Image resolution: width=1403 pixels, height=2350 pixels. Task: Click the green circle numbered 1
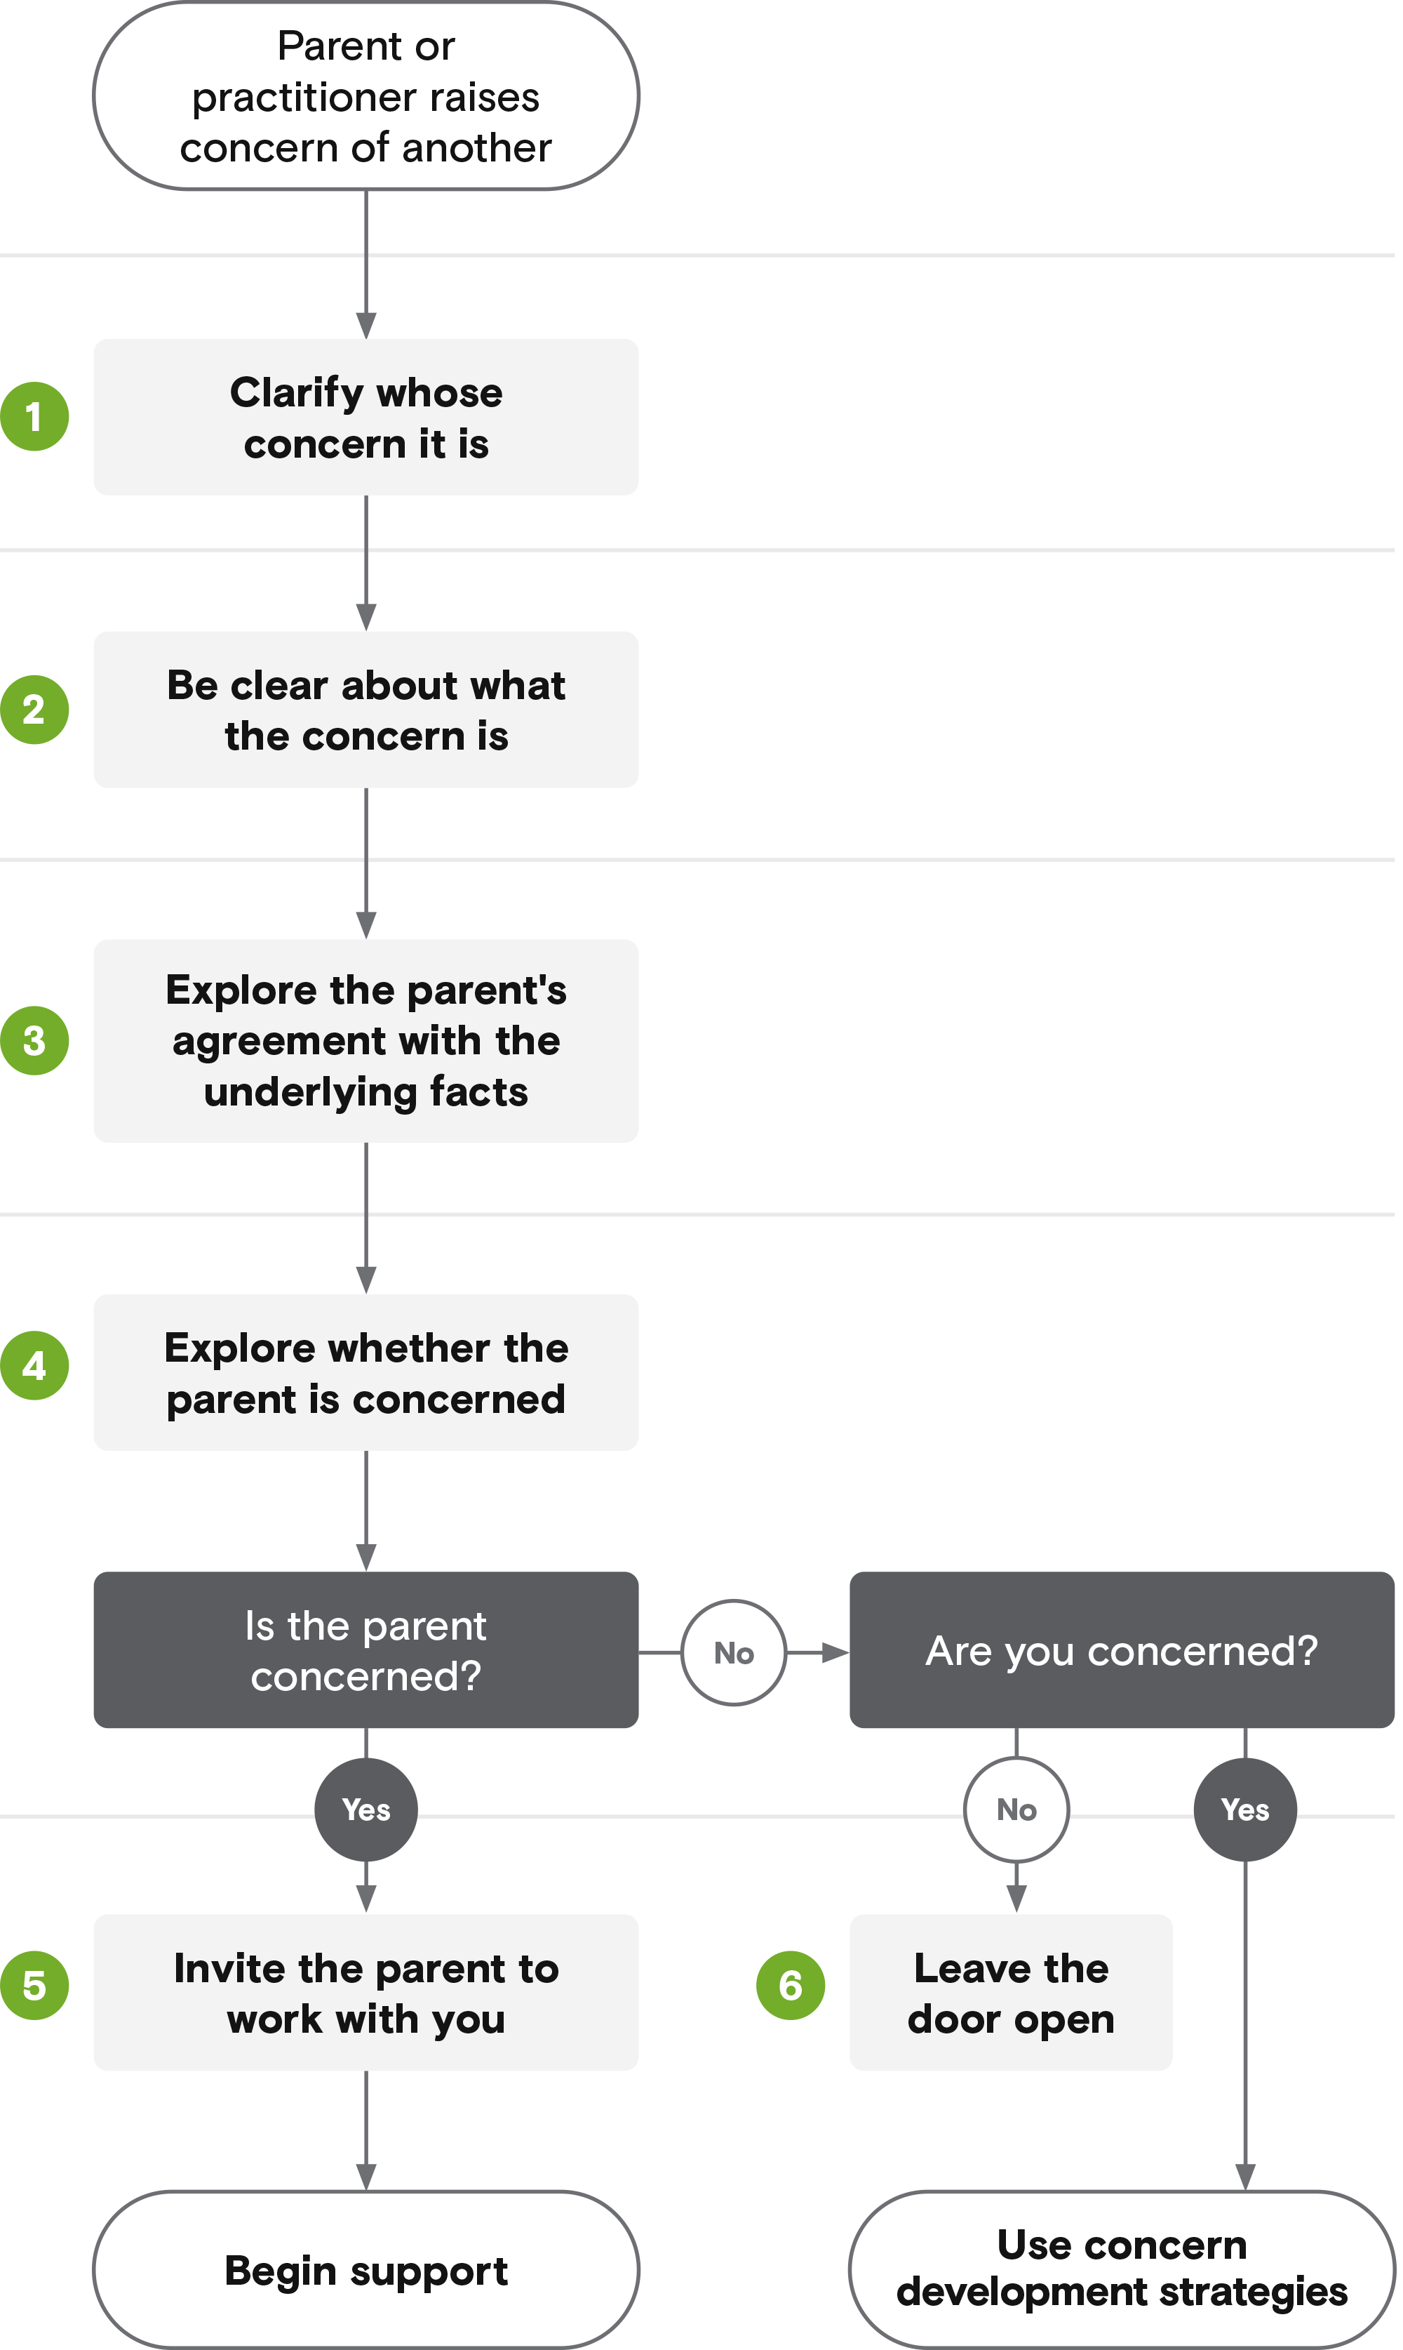pos(35,417)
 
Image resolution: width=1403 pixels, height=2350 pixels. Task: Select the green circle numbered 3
pos(35,1041)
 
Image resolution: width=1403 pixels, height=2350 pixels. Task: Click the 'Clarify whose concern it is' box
pos(367,418)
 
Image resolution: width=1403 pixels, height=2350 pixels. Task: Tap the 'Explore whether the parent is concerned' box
pos(367,1373)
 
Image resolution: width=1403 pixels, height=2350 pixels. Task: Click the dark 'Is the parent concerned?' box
pos(367,1651)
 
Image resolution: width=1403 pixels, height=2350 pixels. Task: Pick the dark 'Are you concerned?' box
pos(1122,1651)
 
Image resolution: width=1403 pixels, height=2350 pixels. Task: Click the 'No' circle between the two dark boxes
pos(734,1654)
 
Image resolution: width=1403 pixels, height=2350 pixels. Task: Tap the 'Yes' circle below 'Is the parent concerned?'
pos(367,1811)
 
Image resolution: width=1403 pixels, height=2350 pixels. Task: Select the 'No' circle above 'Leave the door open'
pos(1017,1811)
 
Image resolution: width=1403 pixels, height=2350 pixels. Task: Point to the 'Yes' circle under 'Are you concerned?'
pos(1246,1811)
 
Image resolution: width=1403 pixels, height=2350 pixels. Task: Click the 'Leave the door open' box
pos(1012,1993)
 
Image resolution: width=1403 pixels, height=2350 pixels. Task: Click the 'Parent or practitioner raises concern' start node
pos(367,95)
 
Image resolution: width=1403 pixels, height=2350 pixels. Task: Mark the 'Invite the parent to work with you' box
pos(367,1993)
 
